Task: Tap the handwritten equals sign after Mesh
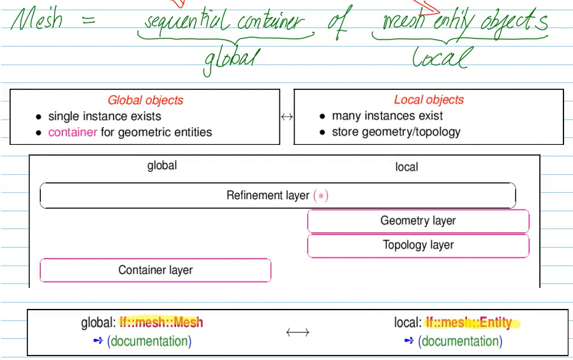tap(89, 20)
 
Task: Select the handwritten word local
tap(440, 58)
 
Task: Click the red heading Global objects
tap(145, 100)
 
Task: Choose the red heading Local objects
tap(429, 100)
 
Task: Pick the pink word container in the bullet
tap(73, 132)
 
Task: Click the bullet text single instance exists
tap(105, 116)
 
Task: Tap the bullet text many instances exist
tap(387, 116)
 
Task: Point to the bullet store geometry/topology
tap(396, 132)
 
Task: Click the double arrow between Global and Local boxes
tap(286, 117)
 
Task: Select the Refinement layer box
tap(278, 195)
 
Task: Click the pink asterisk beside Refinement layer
tap(321, 196)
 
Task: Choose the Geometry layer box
tap(418, 221)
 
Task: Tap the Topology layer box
tap(418, 245)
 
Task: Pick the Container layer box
tap(155, 270)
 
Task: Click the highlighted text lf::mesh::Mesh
tap(161, 322)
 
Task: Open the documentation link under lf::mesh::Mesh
tap(149, 341)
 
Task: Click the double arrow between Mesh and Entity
tap(297, 332)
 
